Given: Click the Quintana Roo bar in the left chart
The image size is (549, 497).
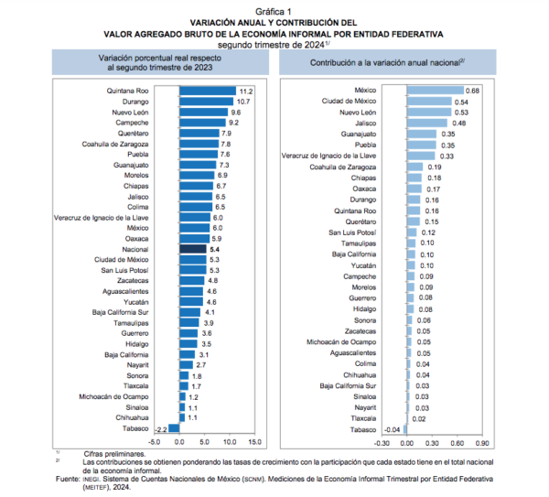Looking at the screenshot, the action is tap(208, 91).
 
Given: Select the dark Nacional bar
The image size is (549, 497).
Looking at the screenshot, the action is tap(193, 249).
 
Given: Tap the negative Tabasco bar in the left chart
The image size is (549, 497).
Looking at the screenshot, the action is tap(174, 428).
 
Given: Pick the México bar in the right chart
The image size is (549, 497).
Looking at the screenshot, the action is tap(436, 91).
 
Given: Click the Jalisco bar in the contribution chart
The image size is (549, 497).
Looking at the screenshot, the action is tap(426, 123).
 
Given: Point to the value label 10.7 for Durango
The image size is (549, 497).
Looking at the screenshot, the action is tap(243, 102).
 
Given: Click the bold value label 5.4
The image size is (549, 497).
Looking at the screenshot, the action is tap(215, 249).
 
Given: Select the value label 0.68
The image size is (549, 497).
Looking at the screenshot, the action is tap(472, 91).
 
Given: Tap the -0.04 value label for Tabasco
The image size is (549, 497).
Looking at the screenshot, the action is tap(393, 430).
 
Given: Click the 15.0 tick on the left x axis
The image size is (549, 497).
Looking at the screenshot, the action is tap(255, 442).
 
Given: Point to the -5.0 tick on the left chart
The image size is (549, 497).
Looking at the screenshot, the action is tap(154, 442).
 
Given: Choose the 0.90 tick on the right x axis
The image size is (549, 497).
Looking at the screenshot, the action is tap(482, 443).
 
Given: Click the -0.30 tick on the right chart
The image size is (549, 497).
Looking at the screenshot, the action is tap(382, 443).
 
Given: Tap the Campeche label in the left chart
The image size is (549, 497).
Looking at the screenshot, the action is tap(132, 123).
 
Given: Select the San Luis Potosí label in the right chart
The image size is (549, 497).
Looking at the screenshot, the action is tap(352, 232).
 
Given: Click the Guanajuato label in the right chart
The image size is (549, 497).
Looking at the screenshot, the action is tap(359, 135).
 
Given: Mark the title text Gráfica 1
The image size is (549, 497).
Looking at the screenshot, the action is tap(274, 12).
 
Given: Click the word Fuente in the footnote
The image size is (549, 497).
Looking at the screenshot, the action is tap(68, 479).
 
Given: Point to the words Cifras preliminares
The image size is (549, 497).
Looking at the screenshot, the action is tap(114, 454).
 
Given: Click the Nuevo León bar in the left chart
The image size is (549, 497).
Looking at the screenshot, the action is tap(203, 112).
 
